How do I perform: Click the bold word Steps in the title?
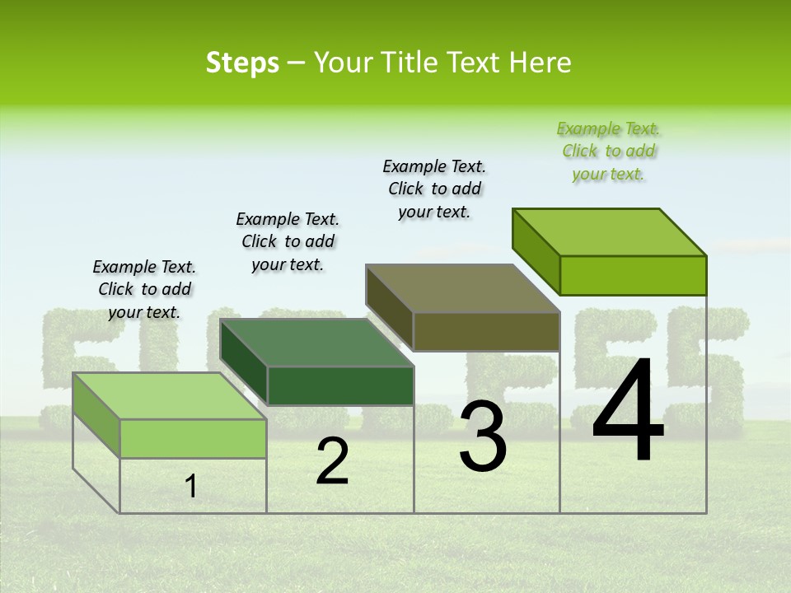pos(242,63)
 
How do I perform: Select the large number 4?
pos(628,412)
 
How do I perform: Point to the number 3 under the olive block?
pos(483,437)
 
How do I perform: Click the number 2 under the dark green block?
pos(332,462)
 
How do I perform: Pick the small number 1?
pos(191,487)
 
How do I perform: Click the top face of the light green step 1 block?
pos(169,395)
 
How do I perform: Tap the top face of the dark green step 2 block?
pos(316,343)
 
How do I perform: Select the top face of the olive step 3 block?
pos(462,288)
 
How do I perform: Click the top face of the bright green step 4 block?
pos(609,232)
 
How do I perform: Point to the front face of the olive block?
pos(486,331)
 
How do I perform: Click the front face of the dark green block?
pos(340,385)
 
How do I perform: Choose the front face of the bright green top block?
pos(633,275)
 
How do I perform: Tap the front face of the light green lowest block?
pos(193,438)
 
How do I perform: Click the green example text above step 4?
pos(608,152)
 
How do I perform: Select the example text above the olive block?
pos(434,189)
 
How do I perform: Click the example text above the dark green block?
pos(288,241)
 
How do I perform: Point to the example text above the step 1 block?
pos(144,289)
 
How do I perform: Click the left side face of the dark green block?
pos(244,362)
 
